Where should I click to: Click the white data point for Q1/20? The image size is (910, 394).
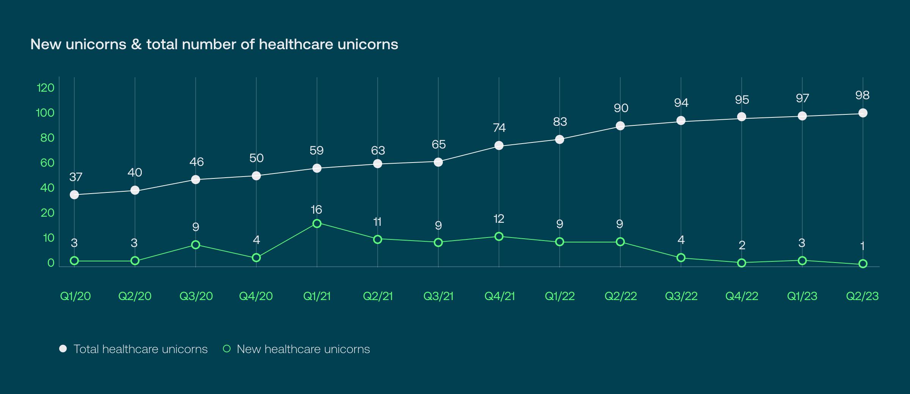tap(74, 195)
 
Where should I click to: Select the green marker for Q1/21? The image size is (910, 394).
tap(317, 224)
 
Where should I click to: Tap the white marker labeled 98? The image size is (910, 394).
tap(863, 113)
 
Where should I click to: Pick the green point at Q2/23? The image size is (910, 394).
tap(863, 264)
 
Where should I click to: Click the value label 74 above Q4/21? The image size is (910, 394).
tap(499, 128)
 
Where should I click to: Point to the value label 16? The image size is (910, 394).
tap(316, 210)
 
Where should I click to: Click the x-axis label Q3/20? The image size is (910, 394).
tap(196, 296)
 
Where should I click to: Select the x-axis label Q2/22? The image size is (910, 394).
tap(620, 296)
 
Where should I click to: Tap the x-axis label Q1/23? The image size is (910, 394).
tap(802, 296)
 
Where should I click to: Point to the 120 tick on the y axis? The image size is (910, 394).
tap(45, 88)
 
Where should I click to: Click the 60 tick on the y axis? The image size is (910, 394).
tap(47, 163)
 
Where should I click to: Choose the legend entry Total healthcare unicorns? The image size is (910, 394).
tap(140, 349)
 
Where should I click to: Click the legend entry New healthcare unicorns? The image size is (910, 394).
tap(303, 349)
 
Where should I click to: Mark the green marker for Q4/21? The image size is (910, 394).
tap(499, 236)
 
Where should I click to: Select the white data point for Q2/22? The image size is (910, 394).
tap(620, 126)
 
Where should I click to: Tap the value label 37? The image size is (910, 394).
tap(75, 177)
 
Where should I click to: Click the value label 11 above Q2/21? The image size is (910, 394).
tap(377, 222)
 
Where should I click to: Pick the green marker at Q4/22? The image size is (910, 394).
tap(742, 263)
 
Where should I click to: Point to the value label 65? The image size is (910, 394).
tap(438, 144)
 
